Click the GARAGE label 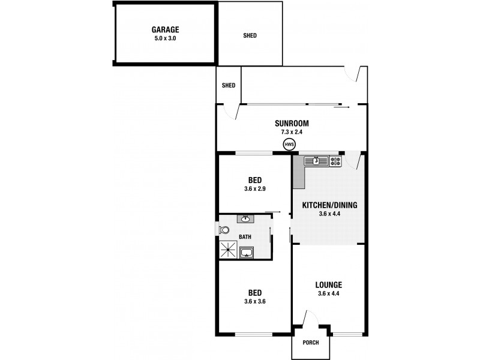point(166,29)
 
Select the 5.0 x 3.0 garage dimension point(166,38)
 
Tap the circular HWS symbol point(290,144)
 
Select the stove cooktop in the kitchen point(334,161)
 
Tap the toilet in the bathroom point(224,230)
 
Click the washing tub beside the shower point(247,253)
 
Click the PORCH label point(311,343)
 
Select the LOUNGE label point(329,284)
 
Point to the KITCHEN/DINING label point(329,205)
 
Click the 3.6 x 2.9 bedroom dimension point(254,188)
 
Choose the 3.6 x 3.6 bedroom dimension point(254,301)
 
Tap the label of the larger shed point(250,35)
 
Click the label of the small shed point(229,85)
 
